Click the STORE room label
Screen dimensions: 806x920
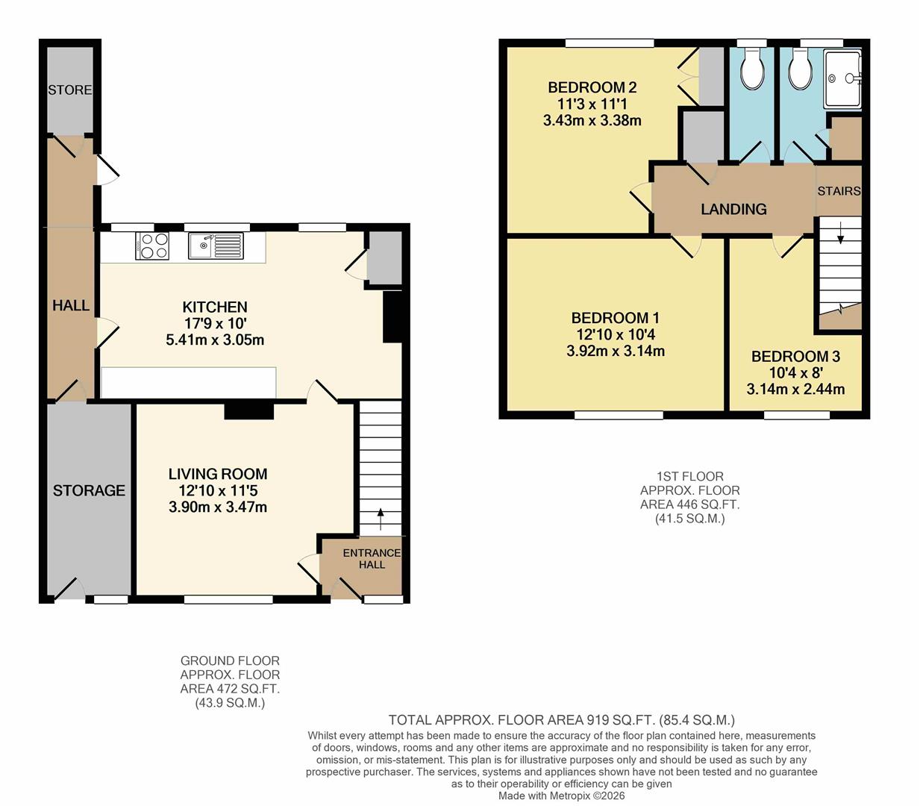(x=70, y=90)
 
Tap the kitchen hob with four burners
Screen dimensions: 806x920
(x=152, y=246)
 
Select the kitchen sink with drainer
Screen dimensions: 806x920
(x=216, y=246)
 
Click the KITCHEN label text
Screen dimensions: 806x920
(x=215, y=307)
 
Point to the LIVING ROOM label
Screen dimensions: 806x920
(x=217, y=474)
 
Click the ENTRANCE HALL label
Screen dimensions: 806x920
(x=372, y=558)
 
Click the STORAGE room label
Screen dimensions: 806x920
(x=89, y=490)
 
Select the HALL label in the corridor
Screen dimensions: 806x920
(x=71, y=305)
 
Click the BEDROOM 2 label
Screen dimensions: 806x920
(x=592, y=87)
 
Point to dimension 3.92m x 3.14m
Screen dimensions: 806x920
(x=616, y=351)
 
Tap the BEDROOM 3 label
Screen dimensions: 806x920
(x=795, y=357)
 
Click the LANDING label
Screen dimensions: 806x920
(x=733, y=209)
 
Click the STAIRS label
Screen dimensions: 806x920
(x=839, y=191)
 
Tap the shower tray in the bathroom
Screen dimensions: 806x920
(x=842, y=78)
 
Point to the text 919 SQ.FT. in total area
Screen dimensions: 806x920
(x=614, y=720)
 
